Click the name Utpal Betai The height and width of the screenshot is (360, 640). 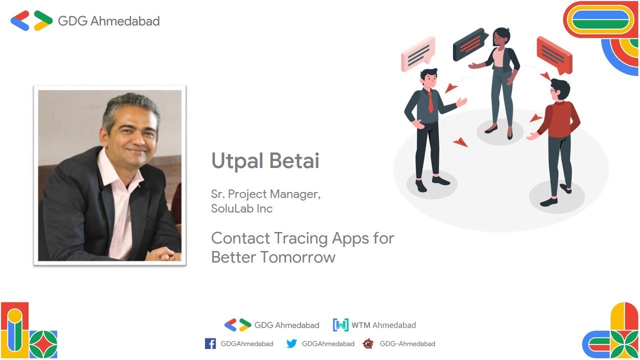pyautogui.click(x=265, y=161)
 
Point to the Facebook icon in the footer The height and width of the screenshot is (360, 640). pyautogui.click(x=210, y=343)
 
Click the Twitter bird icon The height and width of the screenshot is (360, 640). pyautogui.click(x=291, y=343)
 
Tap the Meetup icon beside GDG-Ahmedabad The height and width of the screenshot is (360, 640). pyautogui.click(x=368, y=343)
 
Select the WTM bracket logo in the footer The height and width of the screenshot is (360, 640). pyautogui.click(x=340, y=325)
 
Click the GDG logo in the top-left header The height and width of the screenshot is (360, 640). pyautogui.click(x=31, y=21)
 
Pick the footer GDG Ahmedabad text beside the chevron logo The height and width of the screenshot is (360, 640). pyautogui.click(x=286, y=325)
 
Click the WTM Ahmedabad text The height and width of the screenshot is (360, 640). pyautogui.click(x=383, y=325)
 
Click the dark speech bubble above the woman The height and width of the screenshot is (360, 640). pyautogui.click(x=469, y=44)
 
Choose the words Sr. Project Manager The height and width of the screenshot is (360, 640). pyautogui.click(x=265, y=194)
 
